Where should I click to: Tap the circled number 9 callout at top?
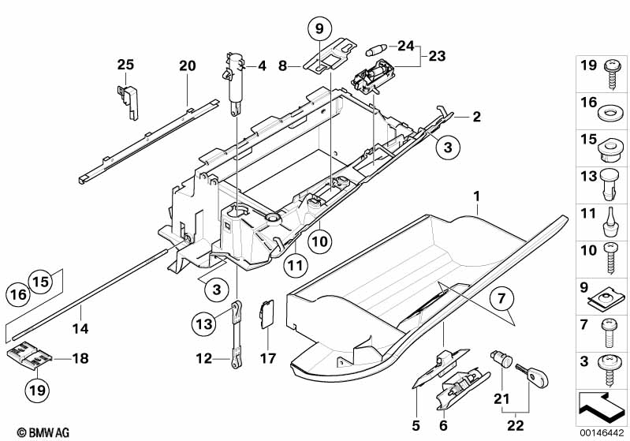click(x=320, y=30)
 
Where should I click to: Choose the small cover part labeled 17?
click(x=266, y=314)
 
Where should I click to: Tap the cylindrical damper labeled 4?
click(x=236, y=79)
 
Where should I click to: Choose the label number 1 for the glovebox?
click(x=477, y=193)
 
